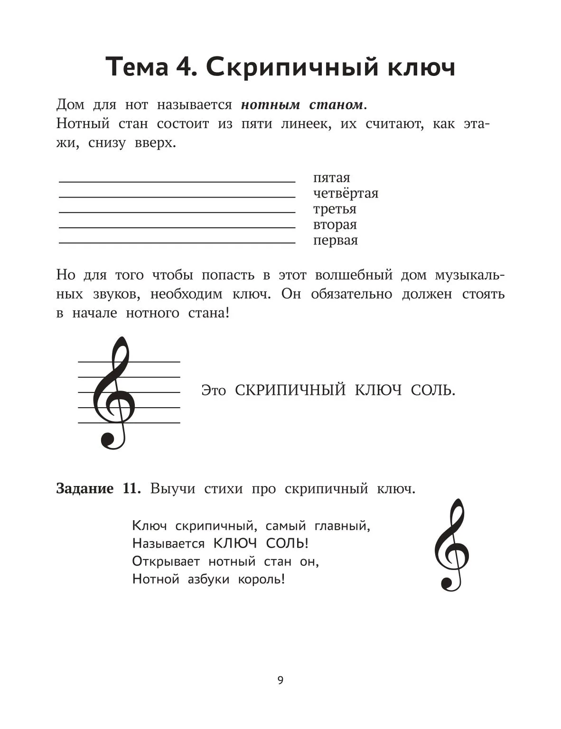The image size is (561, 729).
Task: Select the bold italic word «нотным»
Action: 270,104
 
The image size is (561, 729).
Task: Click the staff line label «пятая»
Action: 331,178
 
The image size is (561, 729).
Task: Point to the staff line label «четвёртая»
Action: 346,194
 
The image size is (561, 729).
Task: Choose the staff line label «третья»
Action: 334,209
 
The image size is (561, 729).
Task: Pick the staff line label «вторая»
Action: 335,225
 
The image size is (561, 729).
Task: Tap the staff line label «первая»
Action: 335,241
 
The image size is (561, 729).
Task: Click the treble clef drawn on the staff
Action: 114,392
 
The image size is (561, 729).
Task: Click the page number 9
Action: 280,681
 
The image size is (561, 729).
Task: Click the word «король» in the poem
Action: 262,579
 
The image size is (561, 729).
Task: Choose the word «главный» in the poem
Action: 342,526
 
